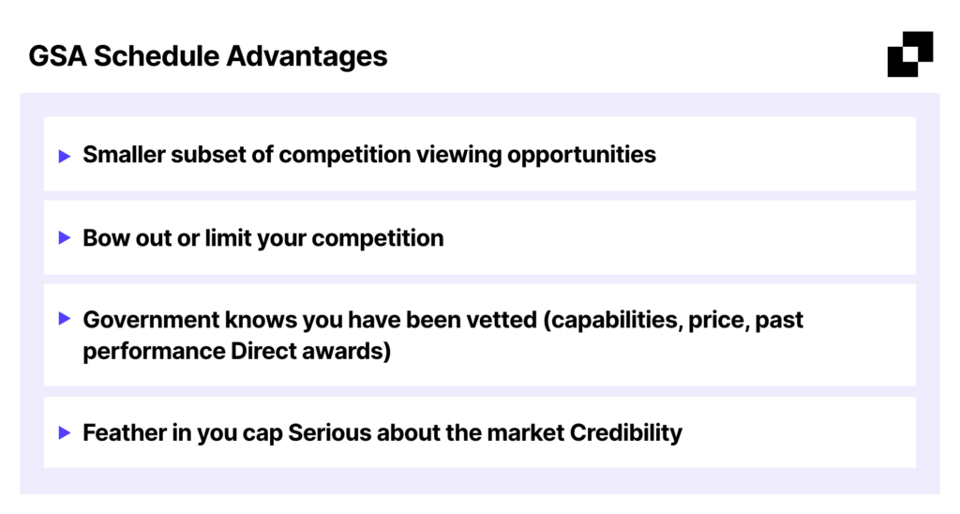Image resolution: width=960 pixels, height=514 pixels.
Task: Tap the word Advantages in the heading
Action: click(307, 57)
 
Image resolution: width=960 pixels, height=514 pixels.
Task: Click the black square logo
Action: click(910, 53)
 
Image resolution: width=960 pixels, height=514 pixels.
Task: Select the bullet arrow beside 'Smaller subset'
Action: click(65, 157)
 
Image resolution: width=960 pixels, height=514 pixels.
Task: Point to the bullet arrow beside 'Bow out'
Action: click(65, 237)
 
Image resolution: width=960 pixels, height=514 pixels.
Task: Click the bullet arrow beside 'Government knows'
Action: click(65, 318)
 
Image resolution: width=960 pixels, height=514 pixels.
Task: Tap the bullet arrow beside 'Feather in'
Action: click(65, 432)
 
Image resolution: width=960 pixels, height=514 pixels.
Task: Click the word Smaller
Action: click(125, 155)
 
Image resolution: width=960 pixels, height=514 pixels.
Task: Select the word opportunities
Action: click(581, 156)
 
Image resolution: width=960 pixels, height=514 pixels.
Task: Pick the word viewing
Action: click(459, 156)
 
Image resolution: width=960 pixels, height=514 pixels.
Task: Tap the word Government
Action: click(151, 320)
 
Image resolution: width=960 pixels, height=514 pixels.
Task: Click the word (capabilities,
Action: click(613, 321)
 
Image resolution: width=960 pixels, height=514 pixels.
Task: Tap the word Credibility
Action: click(625, 433)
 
